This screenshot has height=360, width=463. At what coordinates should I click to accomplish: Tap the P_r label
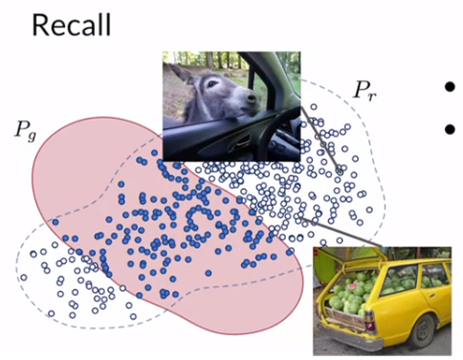tap(365, 93)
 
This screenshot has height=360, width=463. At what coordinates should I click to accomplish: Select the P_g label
tap(23, 132)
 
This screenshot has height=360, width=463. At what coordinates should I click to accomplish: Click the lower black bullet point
tap(449, 126)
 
